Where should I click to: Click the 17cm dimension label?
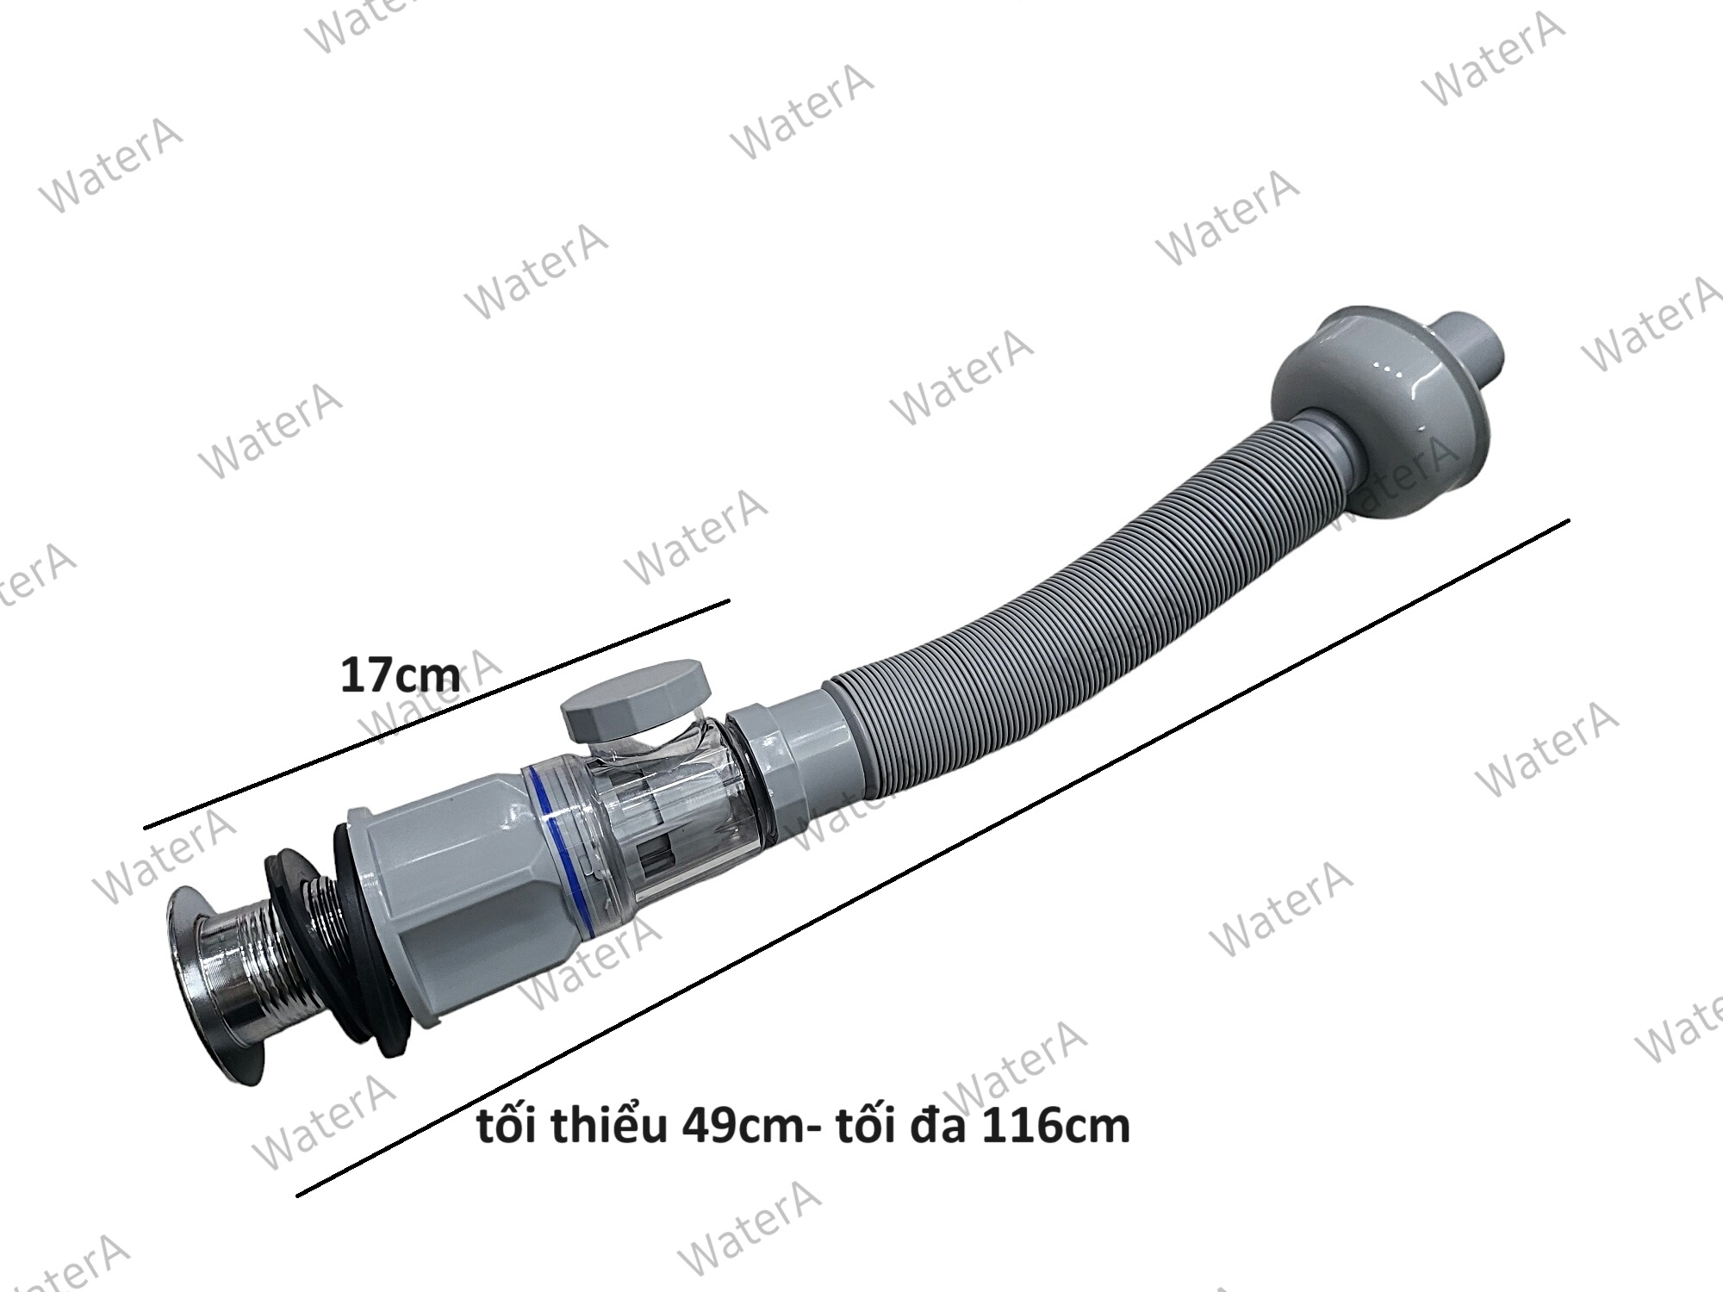pos(400,675)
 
